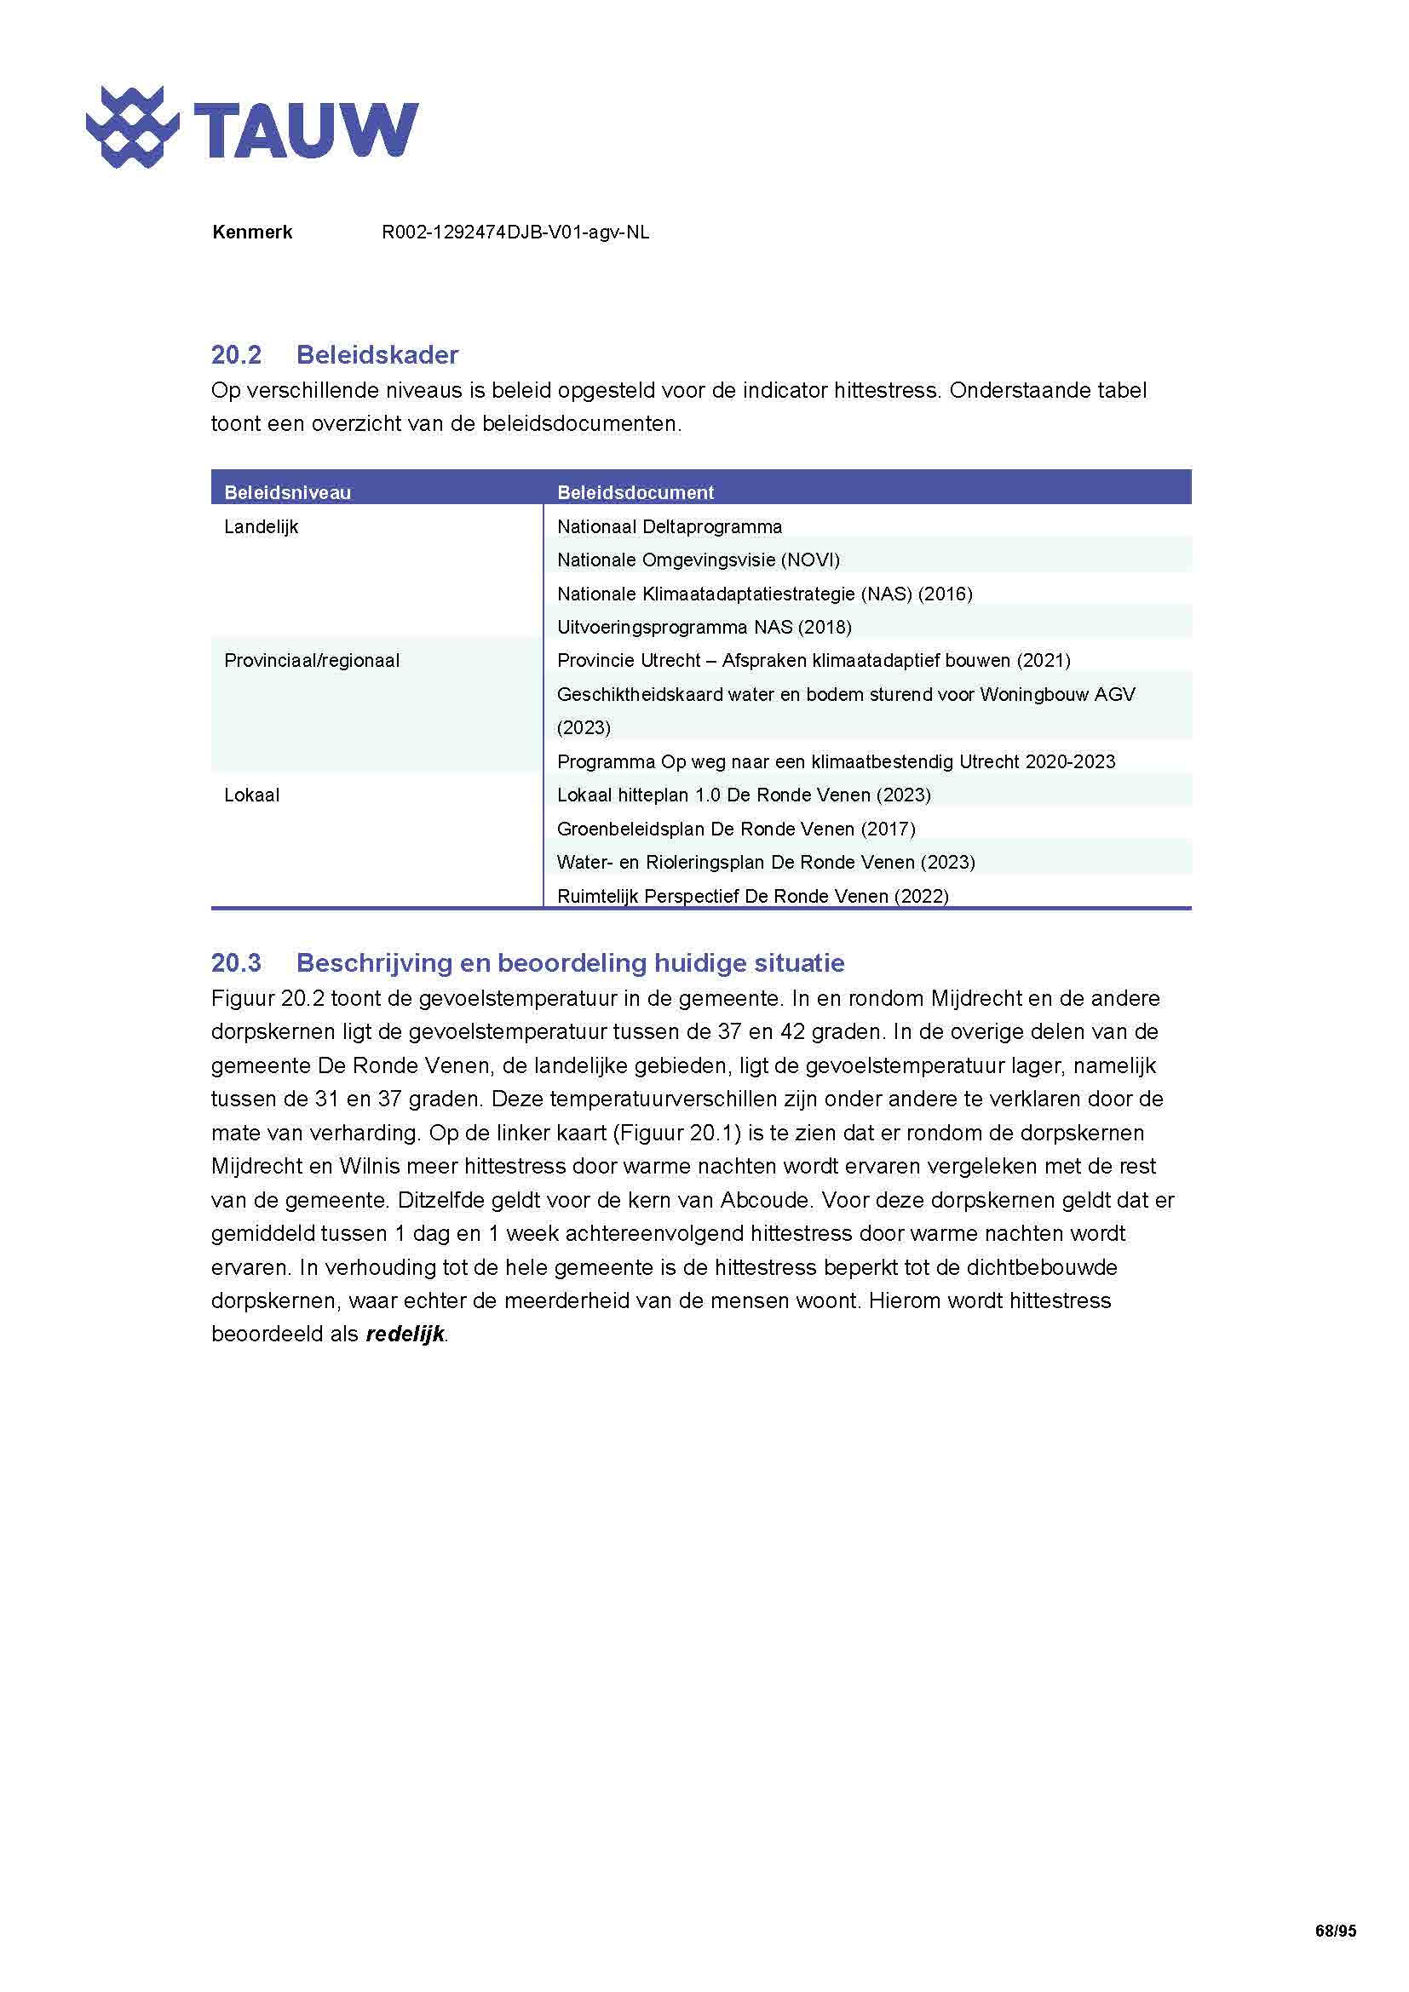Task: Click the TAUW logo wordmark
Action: click(x=306, y=130)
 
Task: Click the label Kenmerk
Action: click(x=251, y=232)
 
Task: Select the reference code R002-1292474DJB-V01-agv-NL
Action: click(x=515, y=232)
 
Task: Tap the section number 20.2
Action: click(x=236, y=355)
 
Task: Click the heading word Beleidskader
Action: click(x=377, y=355)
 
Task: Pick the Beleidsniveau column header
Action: click(x=287, y=493)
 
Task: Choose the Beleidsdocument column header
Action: click(x=635, y=493)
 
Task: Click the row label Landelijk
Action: click(x=262, y=526)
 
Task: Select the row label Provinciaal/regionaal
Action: click(x=312, y=660)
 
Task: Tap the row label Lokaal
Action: click(x=251, y=795)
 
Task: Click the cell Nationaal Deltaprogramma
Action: click(x=669, y=526)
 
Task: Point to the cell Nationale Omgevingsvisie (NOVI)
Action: click(x=699, y=560)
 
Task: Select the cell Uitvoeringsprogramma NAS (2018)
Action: click(x=704, y=628)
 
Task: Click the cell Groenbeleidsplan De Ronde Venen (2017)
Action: click(x=736, y=829)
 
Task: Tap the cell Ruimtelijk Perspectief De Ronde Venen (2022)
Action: click(x=752, y=896)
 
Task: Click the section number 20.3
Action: click(x=236, y=963)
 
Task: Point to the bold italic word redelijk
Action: click(x=405, y=1334)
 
